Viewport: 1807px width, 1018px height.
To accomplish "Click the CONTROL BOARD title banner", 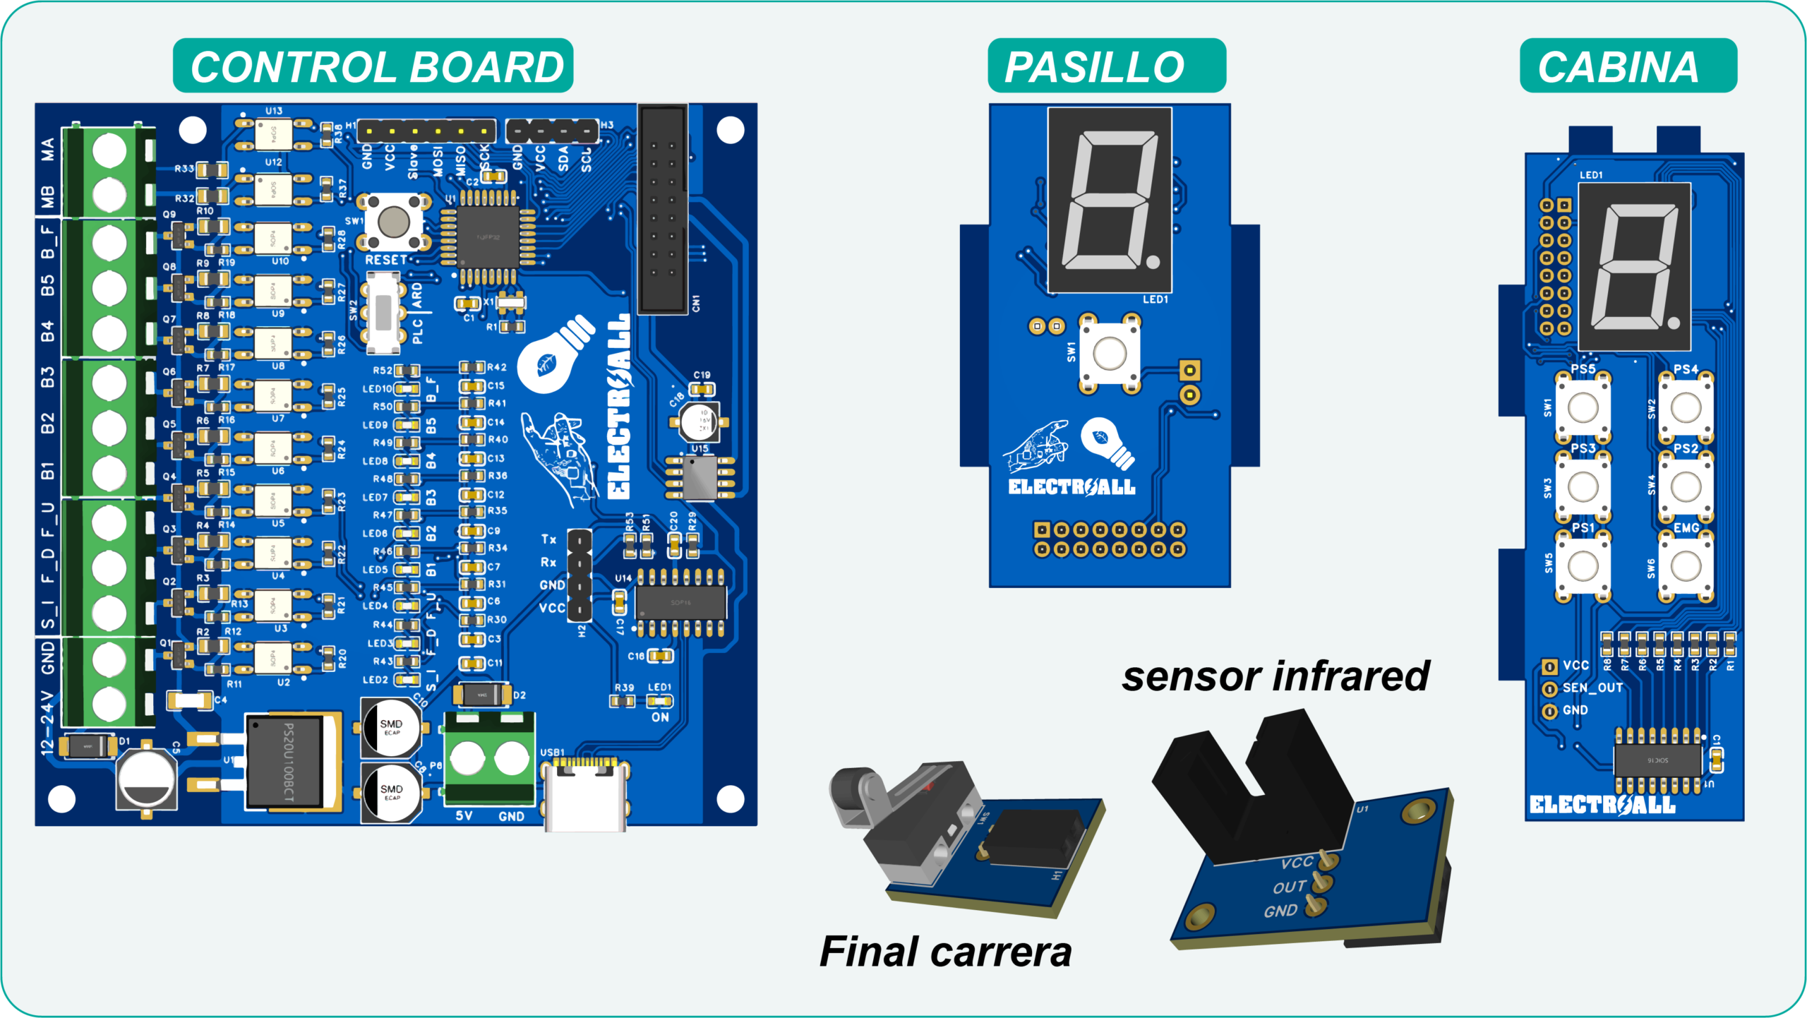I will click(x=373, y=66).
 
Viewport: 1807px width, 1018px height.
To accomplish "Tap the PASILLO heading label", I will click(x=1106, y=66).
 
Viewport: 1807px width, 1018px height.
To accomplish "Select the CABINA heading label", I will click(x=1628, y=66).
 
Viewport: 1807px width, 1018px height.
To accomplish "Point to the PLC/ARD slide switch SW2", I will click(x=383, y=313).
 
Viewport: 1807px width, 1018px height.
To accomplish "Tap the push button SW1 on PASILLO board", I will click(x=1109, y=352).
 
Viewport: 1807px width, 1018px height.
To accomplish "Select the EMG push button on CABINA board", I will click(x=1686, y=565).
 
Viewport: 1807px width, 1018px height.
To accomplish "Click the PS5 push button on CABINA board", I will click(x=1583, y=407).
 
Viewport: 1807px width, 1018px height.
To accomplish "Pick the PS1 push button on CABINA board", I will click(x=1583, y=565).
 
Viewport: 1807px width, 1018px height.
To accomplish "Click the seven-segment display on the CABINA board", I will click(x=1634, y=266).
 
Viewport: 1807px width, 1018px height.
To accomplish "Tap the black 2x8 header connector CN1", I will click(x=663, y=210).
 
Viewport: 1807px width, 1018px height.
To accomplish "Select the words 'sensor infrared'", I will click(x=1275, y=676).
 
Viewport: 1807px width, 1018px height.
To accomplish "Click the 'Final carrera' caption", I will click(x=945, y=952).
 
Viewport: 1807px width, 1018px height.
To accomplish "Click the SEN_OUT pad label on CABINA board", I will click(x=1592, y=688).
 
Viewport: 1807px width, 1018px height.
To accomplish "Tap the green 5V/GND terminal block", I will click(x=488, y=760).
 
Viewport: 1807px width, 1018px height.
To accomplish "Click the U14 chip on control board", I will click(x=680, y=601).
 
